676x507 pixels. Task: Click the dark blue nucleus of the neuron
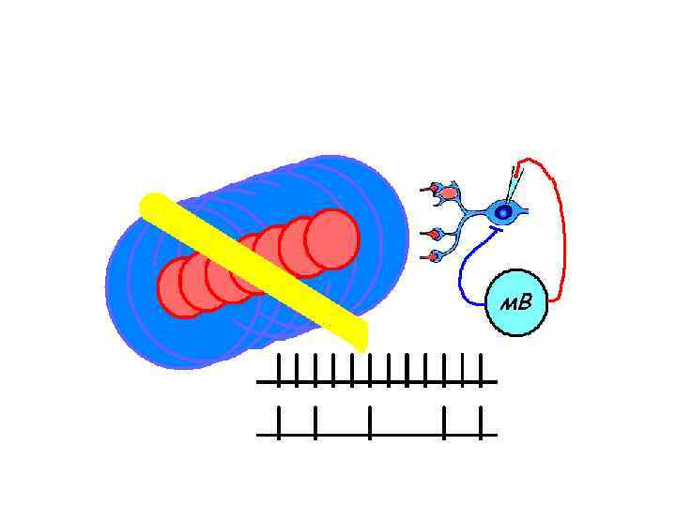click(x=504, y=213)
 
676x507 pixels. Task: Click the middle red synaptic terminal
click(x=434, y=234)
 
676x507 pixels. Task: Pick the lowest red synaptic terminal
click(x=433, y=256)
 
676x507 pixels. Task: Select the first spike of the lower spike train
click(x=279, y=422)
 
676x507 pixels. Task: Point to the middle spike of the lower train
click(x=371, y=422)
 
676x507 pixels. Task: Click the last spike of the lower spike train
click(x=481, y=422)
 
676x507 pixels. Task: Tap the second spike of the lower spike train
click(x=315, y=422)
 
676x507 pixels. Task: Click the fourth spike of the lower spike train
click(x=444, y=422)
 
